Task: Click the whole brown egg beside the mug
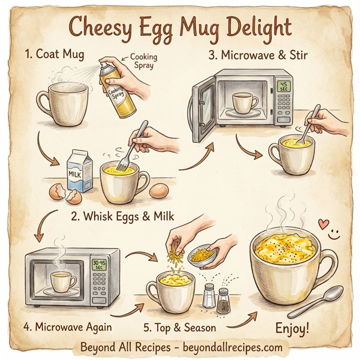[159, 190]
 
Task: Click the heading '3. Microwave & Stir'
[256, 55]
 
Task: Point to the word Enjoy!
[292, 328]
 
